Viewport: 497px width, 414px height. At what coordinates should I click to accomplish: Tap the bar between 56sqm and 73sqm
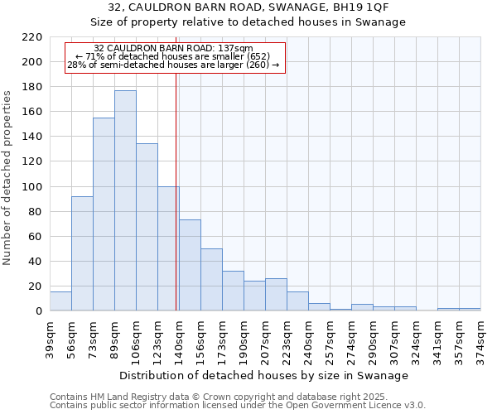tap(82, 253)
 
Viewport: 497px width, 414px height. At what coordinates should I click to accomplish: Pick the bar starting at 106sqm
tap(147, 227)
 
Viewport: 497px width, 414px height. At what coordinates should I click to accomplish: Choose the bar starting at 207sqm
tap(276, 295)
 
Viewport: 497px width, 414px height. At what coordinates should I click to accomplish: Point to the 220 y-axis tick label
tap(32, 37)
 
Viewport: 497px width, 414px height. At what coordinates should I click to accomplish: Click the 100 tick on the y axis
tap(32, 187)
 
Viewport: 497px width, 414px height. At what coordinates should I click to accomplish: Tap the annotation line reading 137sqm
tap(174, 48)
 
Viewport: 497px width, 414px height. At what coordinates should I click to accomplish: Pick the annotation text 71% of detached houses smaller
tap(174, 56)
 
